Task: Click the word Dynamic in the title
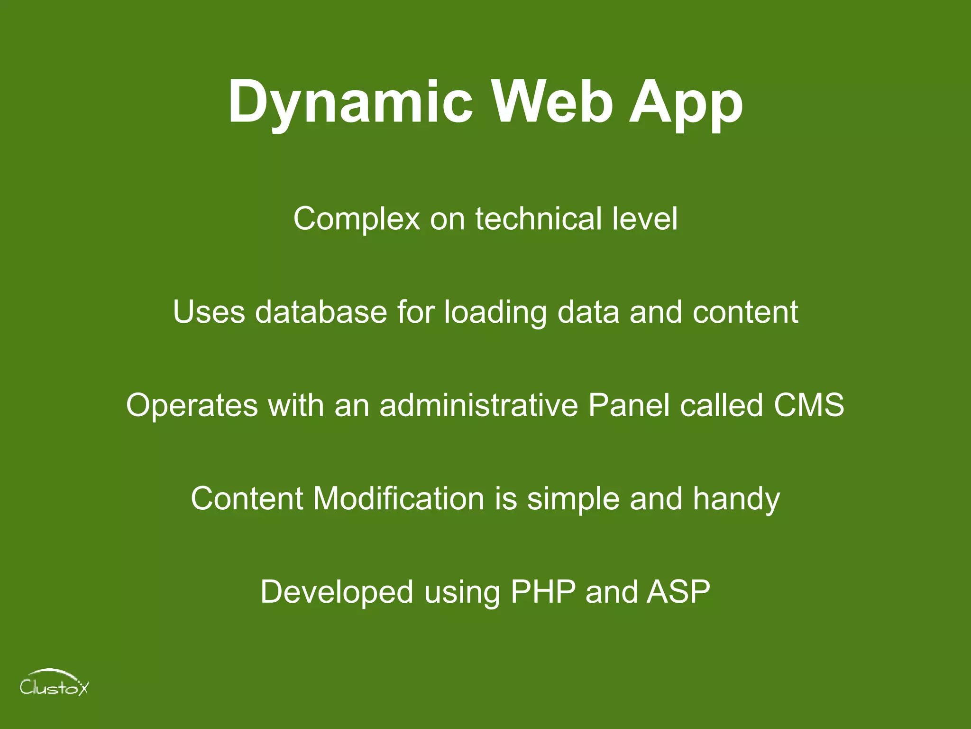(350, 102)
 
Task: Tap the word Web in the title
(552, 102)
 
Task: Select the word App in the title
(686, 102)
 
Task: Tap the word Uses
(209, 312)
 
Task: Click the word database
(321, 312)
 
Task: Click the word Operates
(192, 406)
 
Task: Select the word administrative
(478, 405)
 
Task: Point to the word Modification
(398, 498)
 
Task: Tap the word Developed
(337, 592)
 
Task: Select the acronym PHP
(543, 592)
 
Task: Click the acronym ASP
(678, 592)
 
